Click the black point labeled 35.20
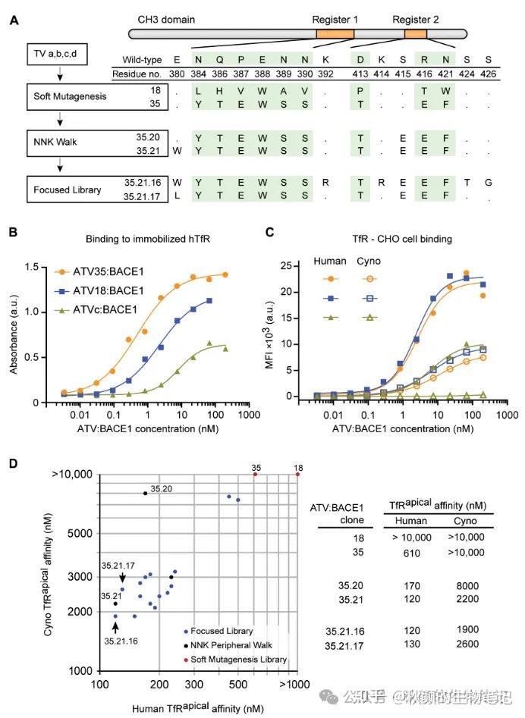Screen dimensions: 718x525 [x=145, y=494]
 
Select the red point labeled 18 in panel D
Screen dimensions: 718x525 [x=297, y=474]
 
